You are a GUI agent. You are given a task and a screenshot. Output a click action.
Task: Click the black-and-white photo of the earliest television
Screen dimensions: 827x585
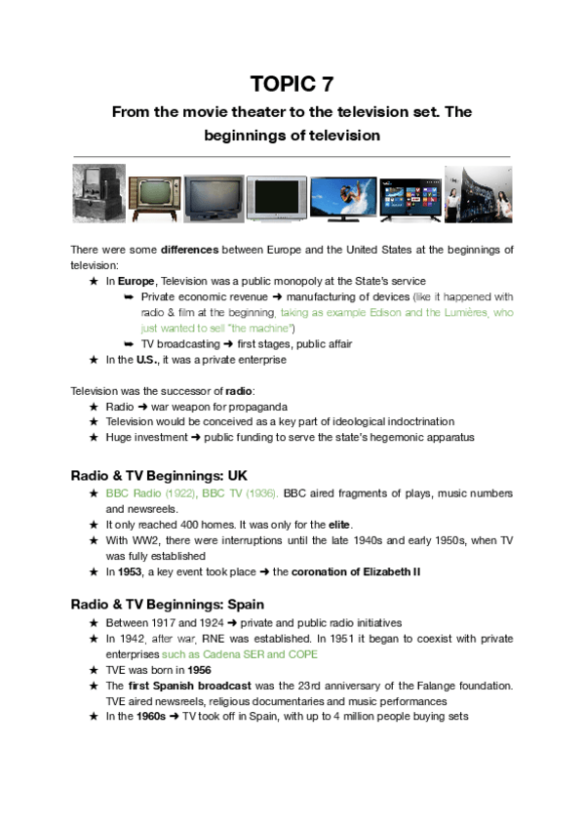98,193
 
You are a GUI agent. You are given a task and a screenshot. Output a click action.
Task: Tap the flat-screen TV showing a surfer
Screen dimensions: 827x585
343,199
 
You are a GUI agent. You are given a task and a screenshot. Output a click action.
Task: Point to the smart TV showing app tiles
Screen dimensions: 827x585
409,200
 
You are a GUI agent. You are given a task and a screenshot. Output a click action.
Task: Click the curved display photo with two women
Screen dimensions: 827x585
478,194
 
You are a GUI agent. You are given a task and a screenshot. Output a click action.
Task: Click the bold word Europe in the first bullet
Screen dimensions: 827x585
136,281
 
